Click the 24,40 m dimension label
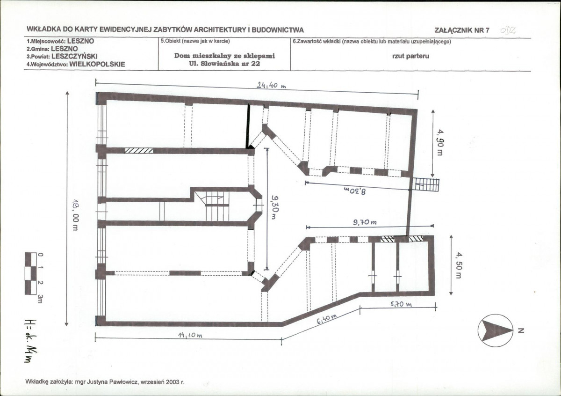click(271, 86)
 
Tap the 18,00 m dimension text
click(76, 215)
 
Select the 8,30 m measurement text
click(355, 191)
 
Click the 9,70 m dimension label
click(365, 222)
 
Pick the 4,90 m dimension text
click(440, 142)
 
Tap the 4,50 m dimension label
click(459, 265)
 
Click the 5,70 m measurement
click(401, 304)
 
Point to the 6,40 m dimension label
click(327, 319)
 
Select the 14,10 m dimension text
click(190, 335)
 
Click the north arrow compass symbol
click(496, 330)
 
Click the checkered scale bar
click(31, 273)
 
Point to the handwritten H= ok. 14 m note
click(31, 341)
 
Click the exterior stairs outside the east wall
click(426, 185)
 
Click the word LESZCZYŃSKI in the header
click(75, 57)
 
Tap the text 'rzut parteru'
click(410, 56)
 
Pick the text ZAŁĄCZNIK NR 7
click(462, 30)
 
